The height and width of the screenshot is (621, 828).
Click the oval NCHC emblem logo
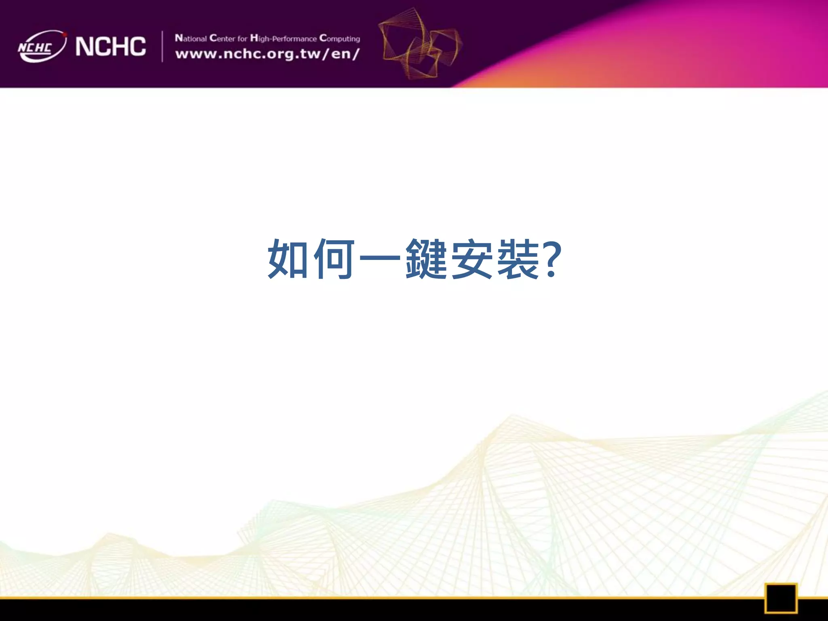pyautogui.click(x=42, y=46)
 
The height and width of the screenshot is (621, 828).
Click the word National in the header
pyautogui.click(x=190, y=38)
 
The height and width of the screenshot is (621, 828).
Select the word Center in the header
pyautogui.click(x=222, y=38)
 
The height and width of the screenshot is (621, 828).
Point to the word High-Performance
pyautogui.click(x=283, y=38)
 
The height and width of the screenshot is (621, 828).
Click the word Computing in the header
pyautogui.click(x=339, y=38)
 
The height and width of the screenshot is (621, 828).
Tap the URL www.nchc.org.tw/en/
pyautogui.click(x=267, y=54)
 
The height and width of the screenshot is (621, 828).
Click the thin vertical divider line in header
pyautogui.click(x=162, y=46)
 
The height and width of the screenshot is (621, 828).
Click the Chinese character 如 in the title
pyautogui.click(x=288, y=259)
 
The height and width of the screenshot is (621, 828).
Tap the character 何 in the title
pyautogui.click(x=334, y=259)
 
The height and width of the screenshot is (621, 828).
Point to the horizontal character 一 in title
pyautogui.click(x=380, y=258)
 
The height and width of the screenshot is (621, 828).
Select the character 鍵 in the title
pyautogui.click(x=426, y=259)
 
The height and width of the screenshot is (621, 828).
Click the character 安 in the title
pyautogui.click(x=472, y=259)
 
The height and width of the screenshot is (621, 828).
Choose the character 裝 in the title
pyautogui.click(x=518, y=259)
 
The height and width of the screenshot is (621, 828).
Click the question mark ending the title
pyautogui.click(x=552, y=259)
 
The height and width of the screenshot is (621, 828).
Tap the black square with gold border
pyautogui.click(x=780, y=598)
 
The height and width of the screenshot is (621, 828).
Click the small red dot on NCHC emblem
pyautogui.click(x=65, y=35)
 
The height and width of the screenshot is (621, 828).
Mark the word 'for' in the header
pyautogui.click(x=242, y=39)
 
